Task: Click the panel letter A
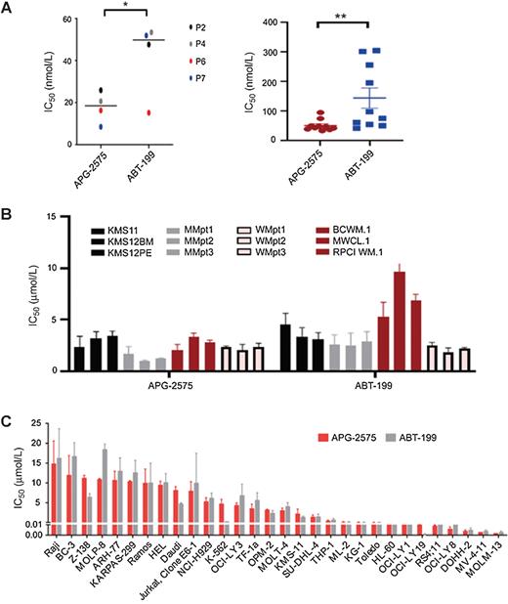(x=9, y=9)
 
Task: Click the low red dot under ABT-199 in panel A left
(x=148, y=112)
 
